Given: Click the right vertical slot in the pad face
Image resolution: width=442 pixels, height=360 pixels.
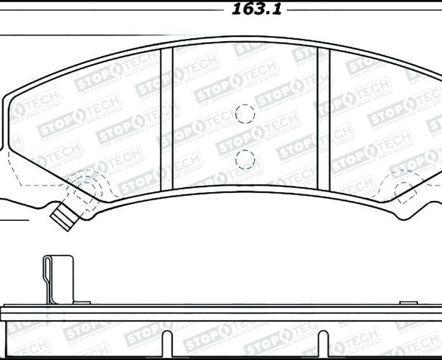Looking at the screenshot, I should [323, 117].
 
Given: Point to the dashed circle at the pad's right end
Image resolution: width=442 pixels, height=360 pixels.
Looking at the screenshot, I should [407, 190].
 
